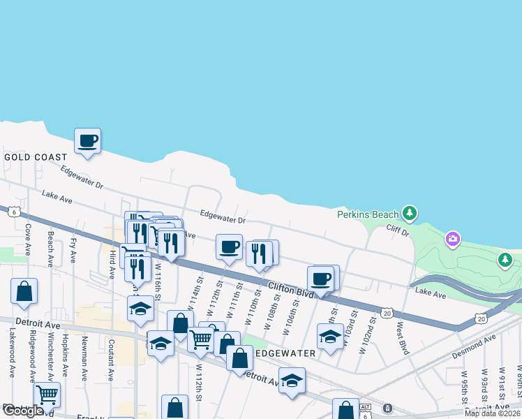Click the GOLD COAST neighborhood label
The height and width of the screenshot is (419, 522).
click(x=36, y=158)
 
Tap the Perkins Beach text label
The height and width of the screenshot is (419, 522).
click(x=367, y=214)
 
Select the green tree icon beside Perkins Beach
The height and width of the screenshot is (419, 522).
click(x=411, y=212)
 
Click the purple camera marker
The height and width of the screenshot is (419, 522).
click(x=453, y=240)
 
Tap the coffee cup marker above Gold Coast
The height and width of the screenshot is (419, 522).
click(x=88, y=142)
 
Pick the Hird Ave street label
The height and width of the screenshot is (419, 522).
click(x=112, y=266)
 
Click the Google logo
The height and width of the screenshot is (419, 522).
click(x=23, y=411)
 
